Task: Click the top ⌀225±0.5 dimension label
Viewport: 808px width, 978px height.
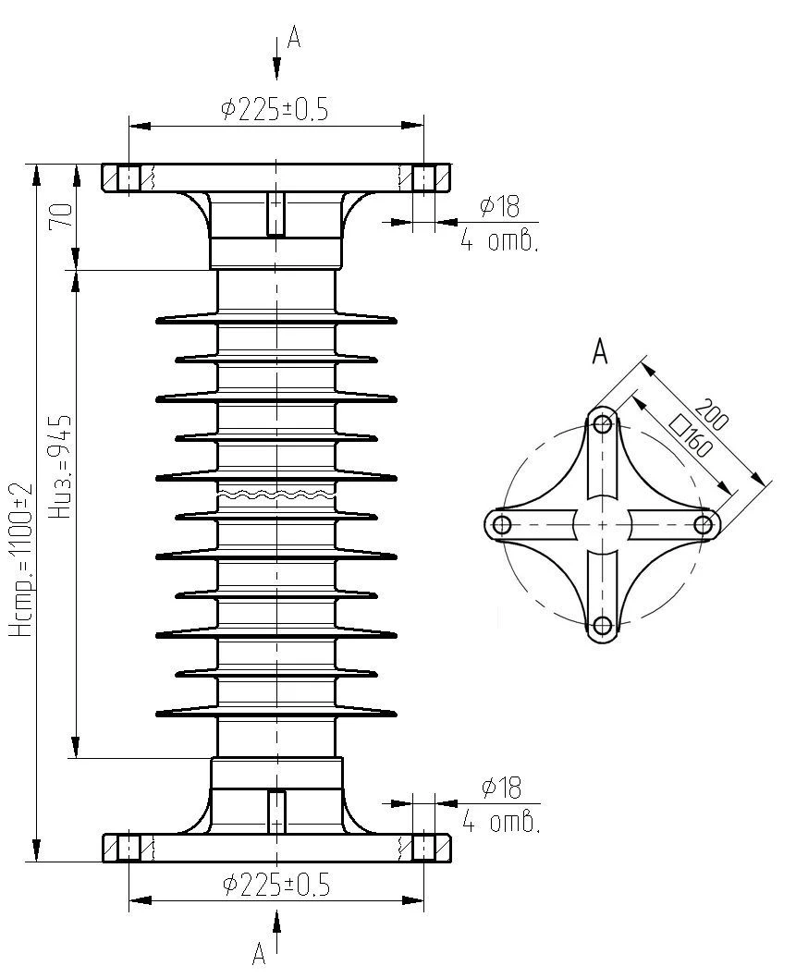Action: click(x=275, y=110)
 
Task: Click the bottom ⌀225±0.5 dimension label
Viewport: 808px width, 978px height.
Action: click(x=275, y=885)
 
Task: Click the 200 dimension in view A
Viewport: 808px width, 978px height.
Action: click(x=713, y=416)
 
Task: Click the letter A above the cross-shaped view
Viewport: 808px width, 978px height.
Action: click(x=600, y=351)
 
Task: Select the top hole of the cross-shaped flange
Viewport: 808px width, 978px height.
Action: click(x=603, y=424)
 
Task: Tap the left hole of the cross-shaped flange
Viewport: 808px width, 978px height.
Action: click(x=502, y=525)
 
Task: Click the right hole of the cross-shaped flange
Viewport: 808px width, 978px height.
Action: click(x=704, y=525)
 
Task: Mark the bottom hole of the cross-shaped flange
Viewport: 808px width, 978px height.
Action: click(x=603, y=626)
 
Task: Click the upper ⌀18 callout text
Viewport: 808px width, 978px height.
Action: click(x=500, y=207)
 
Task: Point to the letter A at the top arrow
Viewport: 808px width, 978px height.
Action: click(x=294, y=37)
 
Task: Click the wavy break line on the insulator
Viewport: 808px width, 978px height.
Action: click(x=276, y=496)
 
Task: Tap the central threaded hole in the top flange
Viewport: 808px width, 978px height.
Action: click(x=275, y=214)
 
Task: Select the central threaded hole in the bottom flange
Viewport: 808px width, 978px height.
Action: click(x=275, y=811)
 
